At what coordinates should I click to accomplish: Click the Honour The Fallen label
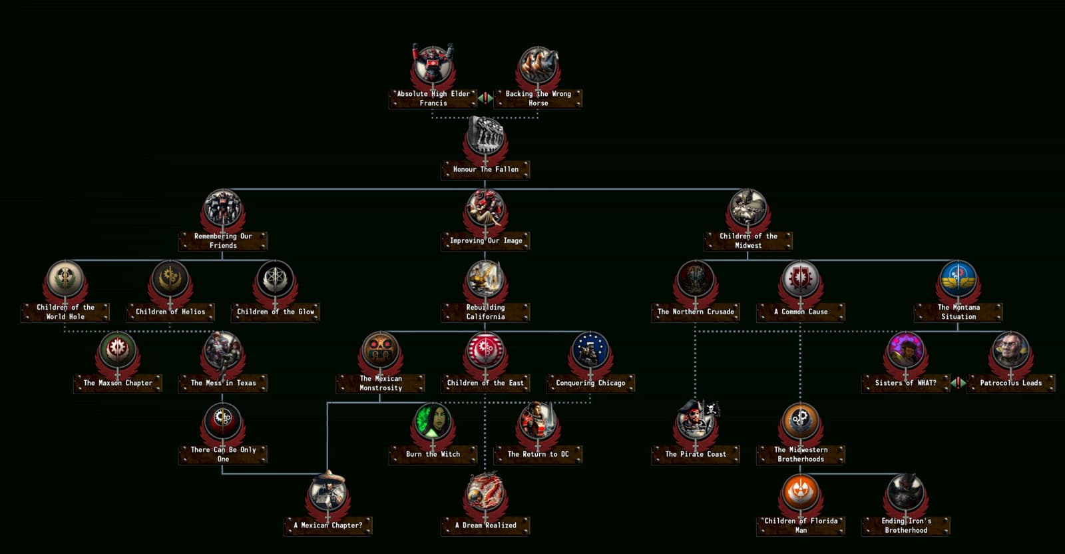coord(485,169)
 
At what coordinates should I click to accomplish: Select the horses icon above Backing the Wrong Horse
coord(538,65)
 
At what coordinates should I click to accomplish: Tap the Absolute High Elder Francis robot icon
coord(433,63)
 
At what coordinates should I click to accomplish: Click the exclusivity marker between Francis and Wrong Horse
coord(485,98)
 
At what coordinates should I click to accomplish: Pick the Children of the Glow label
coord(276,312)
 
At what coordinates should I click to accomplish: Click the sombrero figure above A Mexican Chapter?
coord(327,491)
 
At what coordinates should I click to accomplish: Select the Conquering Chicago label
coord(590,384)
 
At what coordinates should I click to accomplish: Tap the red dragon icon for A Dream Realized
coord(485,491)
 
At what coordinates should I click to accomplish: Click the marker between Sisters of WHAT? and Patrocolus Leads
coord(958,383)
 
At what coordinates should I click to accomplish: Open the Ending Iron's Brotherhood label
coord(906,525)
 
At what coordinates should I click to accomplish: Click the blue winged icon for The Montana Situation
coord(958,278)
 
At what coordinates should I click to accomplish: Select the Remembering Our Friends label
coord(223,240)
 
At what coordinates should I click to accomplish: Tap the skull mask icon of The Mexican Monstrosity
coord(380,350)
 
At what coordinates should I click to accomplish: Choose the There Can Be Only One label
coord(223,454)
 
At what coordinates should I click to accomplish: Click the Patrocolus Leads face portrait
coord(1011,350)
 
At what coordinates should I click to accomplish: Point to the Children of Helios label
coord(170,312)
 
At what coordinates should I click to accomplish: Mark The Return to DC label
coord(538,454)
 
